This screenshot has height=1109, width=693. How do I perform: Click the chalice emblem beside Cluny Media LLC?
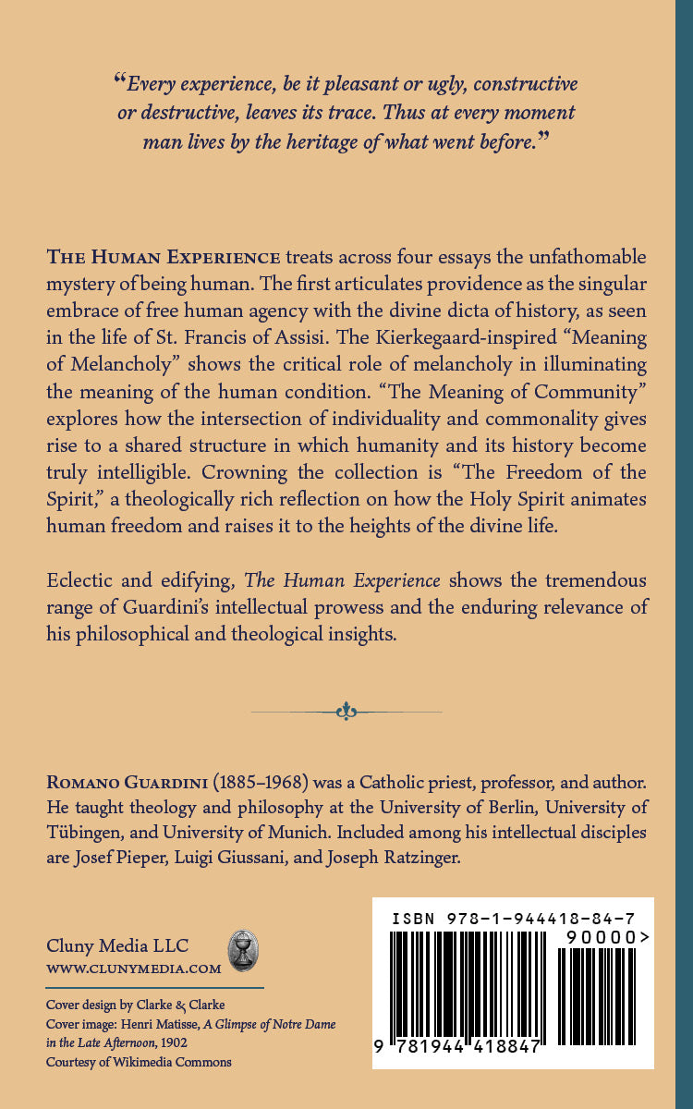[x=243, y=951]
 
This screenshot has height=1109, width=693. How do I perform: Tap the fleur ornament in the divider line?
[x=346, y=711]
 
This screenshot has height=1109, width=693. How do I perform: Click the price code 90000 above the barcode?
[x=601, y=937]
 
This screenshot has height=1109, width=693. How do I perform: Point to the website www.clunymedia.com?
[x=134, y=969]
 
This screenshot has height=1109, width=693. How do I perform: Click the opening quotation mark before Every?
[x=119, y=81]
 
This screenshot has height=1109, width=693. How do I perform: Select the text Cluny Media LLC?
[x=117, y=945]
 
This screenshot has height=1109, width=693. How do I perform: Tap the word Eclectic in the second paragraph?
[x=79, y=581]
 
